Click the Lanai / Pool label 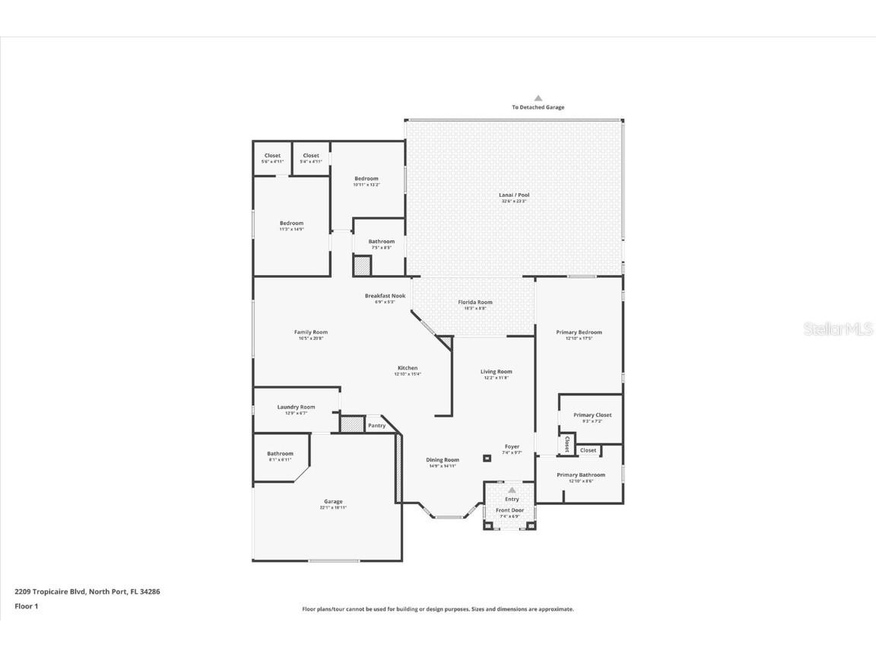[514, 195]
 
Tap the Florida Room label [474, 303]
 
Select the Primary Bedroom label [579, 332]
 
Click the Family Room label [310, 332]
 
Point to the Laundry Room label [295, 408]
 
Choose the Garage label [333, 502]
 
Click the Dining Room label [442, 460]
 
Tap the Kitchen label [407, 368]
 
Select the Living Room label [496, 372]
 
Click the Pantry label [376, 426]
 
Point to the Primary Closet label [592, 415]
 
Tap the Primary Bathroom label [581, 475]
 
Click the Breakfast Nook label [385, 296]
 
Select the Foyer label [512, 447]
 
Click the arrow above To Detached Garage [538, 98]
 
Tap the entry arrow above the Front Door [512, 490]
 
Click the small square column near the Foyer [487, 458]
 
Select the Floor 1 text [26, 606]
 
